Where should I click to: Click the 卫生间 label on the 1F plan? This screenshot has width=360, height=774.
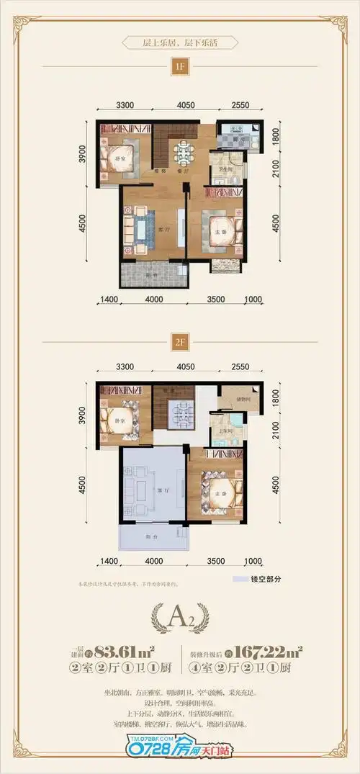[215, 170]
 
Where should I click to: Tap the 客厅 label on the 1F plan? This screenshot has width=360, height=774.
[163, 230]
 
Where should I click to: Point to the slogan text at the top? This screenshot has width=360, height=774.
[179, 42]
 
